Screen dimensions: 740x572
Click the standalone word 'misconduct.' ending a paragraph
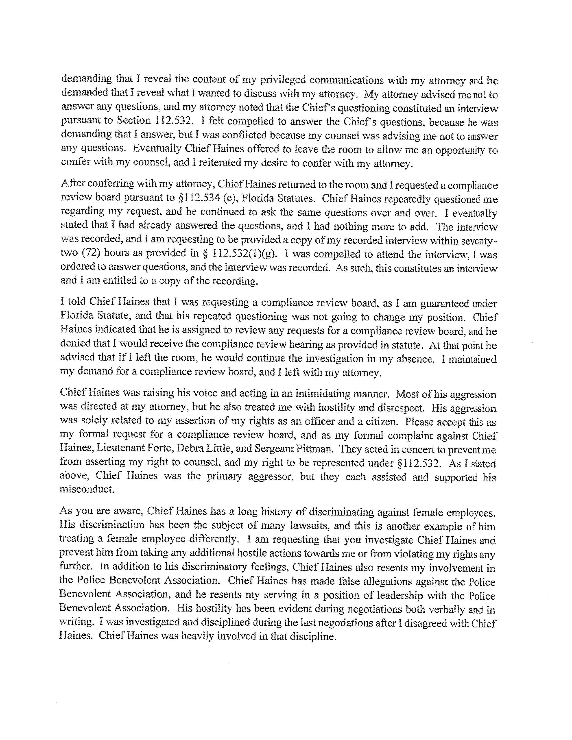coord(87,490)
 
